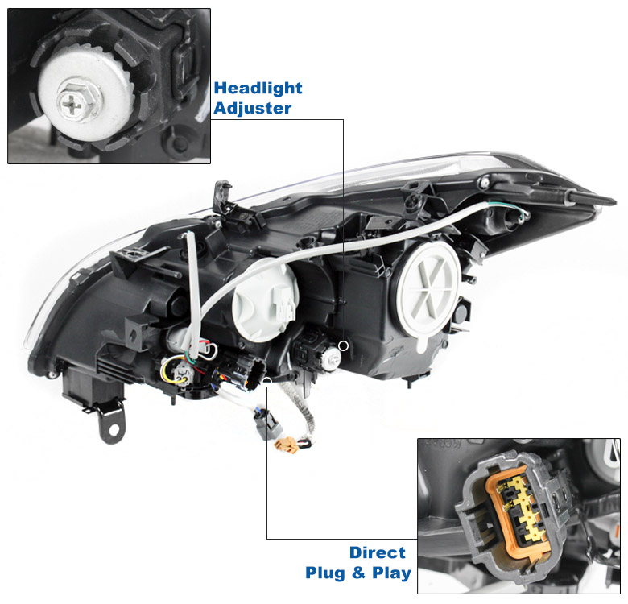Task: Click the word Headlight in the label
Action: (x=258, y=88)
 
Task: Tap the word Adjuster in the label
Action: (x=252, y=108)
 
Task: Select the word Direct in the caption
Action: (x=378, y=552)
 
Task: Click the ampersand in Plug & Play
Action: (x=358, y=573)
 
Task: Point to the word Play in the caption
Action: (x=391, y=573)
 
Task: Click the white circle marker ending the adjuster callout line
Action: (x=343, y=345)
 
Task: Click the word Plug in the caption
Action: (x=324, y=573)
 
